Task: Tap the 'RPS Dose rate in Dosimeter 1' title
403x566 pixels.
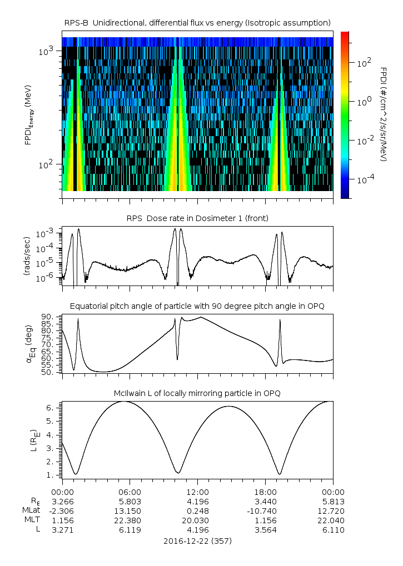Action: point(197,218)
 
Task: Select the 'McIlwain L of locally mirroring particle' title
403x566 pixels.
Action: point(197,393)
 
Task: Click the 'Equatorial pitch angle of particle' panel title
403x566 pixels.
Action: point(197,306)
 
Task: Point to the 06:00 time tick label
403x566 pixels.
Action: point(130,492)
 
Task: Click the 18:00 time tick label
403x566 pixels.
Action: point(265,492)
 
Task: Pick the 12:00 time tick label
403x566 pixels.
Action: point(197,492)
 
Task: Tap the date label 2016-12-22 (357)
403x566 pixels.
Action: point(197,540)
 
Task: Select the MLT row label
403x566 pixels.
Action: point(32,520)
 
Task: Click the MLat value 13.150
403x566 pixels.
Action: point(130,510)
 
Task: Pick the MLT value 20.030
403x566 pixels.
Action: point(197,520)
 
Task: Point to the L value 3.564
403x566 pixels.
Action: point(265,530)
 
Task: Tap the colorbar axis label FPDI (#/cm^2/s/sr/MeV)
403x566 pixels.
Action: point(384,114)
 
